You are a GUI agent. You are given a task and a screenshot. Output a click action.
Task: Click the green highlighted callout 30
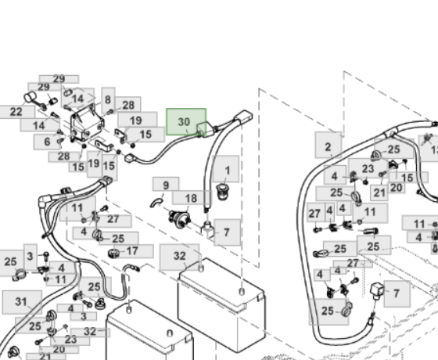186,122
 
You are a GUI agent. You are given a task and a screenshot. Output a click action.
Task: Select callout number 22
16,112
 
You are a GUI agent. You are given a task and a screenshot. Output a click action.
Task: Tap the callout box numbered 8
109,100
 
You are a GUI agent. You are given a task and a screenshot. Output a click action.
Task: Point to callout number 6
48,142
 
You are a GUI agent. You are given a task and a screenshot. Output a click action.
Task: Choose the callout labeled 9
166,185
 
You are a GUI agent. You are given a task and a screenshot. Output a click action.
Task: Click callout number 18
192,198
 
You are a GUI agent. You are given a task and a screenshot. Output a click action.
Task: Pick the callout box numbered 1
226,169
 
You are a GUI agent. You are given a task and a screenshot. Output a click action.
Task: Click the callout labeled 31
22,302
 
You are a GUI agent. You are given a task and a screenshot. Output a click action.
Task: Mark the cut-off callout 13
429,149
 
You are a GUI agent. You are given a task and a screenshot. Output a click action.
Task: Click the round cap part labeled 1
222,192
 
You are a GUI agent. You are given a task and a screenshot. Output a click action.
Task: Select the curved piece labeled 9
156,203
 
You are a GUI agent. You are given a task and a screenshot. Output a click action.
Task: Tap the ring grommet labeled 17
113,254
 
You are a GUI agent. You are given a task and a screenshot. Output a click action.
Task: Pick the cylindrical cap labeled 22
30,99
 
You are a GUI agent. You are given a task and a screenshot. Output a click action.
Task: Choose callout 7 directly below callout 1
227,232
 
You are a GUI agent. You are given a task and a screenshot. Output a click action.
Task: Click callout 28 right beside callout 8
128,105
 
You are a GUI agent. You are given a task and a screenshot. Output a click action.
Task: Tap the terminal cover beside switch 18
206,228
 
